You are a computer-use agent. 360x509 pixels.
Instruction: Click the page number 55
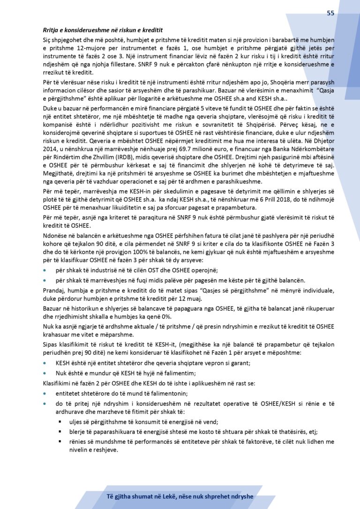click(x=330, y=13)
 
